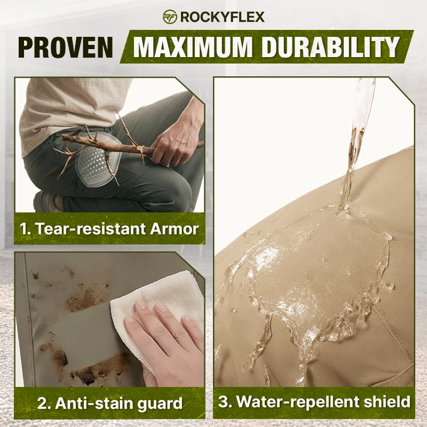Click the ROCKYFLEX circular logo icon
pyautogui.click(x=170, y=17)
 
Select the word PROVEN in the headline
pyautogui.click(x=66, y=47)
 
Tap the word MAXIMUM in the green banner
pyautogui.click(x=193, y=47)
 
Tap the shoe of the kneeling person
pyautogui.click(x=46, y=202)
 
